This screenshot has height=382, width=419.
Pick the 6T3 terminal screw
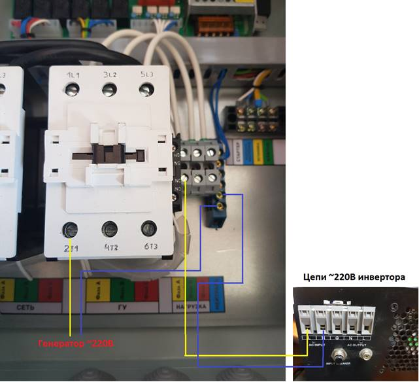(149, 230)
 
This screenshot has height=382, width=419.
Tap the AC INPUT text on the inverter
(316, 344)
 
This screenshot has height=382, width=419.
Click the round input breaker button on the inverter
(339, 357)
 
